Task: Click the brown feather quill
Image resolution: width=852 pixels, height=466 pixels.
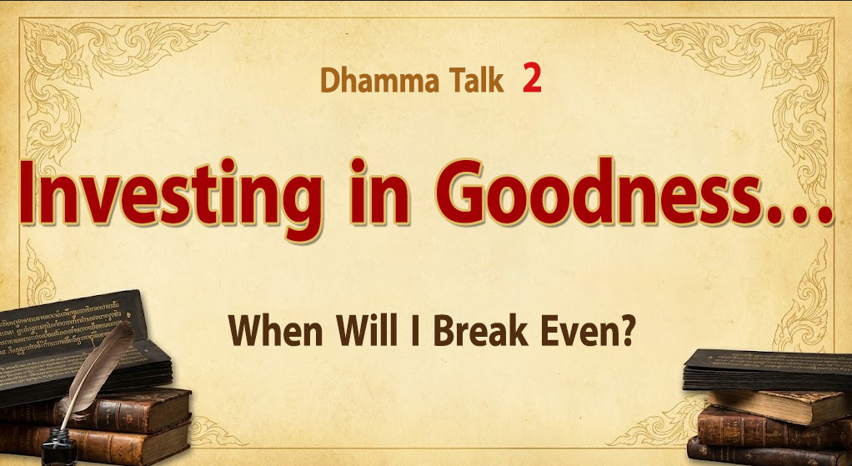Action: tap(97, 368)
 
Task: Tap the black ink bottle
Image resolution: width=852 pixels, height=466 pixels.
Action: tap(60, 448)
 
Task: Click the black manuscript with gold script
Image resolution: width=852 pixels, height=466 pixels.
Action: tap(76, 342)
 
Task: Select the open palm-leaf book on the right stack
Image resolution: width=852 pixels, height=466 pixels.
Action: tap(767, 370)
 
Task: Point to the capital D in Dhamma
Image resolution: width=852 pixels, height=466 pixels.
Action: tap(329, 80)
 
